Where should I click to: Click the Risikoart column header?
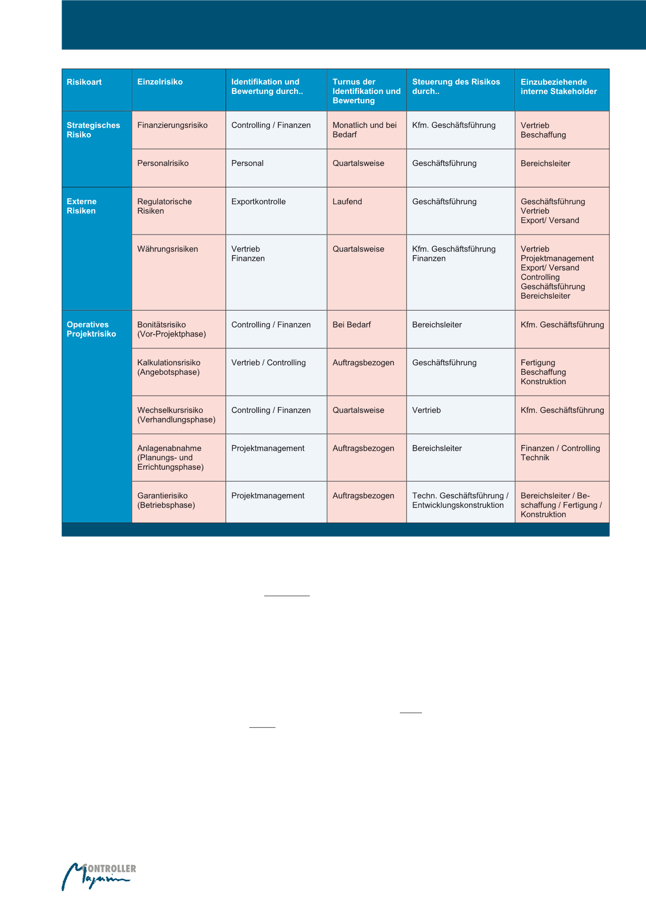(84, 82)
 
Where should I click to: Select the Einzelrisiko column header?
(160, 82)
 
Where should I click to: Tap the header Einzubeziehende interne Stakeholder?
(559, 86)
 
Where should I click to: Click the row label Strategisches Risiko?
(93, 130)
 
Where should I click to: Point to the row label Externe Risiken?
(82, 206)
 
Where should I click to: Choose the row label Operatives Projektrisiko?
(91, 330)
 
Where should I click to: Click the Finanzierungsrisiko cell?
(172, 125)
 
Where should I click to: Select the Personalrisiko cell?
(163, 164)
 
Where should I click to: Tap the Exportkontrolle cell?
(258, 202)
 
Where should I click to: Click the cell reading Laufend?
(347, 202)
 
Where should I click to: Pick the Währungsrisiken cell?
(167, 249)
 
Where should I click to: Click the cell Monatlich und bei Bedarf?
(365, 130)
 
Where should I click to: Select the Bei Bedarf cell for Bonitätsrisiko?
(352, 325)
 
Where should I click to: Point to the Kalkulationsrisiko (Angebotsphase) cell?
(169, 368)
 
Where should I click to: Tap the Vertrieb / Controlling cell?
(268, 363)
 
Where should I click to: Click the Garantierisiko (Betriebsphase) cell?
(166, 500)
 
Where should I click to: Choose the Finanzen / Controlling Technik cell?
(560, 453)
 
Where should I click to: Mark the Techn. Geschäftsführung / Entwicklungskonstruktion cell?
(460, 500)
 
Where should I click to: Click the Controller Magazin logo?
(98, 876)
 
